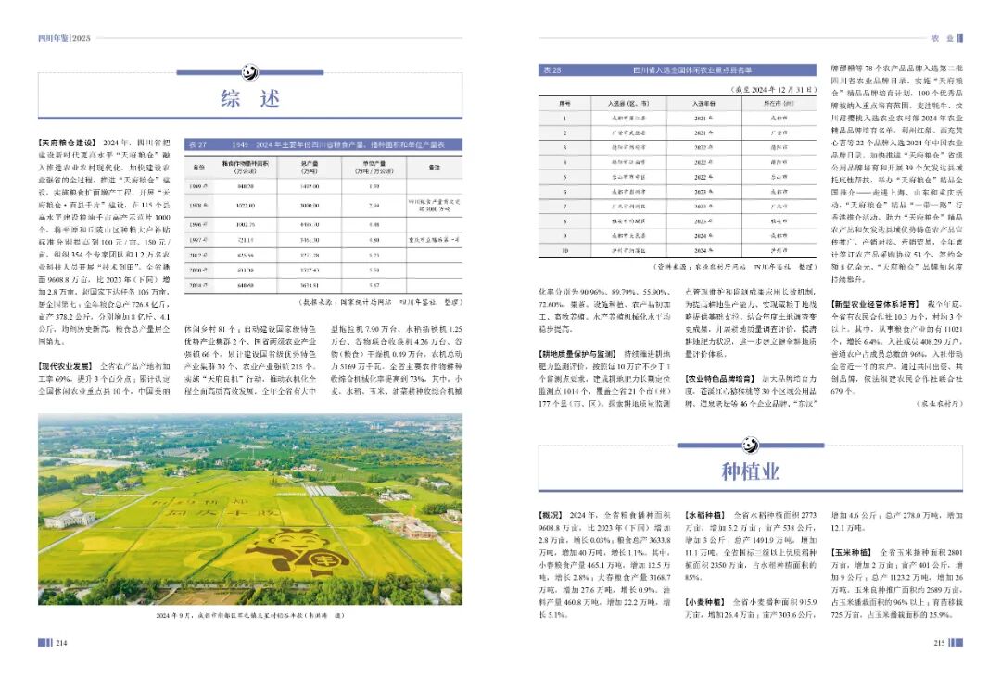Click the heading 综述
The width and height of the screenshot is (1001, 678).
[x=249, y=99]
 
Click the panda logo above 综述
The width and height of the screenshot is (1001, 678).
[x=249, y=71]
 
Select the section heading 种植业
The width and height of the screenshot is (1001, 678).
[x=751, y=472]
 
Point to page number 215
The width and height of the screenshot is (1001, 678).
[x=938, y=643]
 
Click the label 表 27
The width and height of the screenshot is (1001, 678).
[x=196, y=145]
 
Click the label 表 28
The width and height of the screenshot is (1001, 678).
[x=551, y=69]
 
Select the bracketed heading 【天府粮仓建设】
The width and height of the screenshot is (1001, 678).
[x=68, y=142]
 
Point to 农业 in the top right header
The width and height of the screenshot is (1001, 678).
[x=942, y=38]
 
